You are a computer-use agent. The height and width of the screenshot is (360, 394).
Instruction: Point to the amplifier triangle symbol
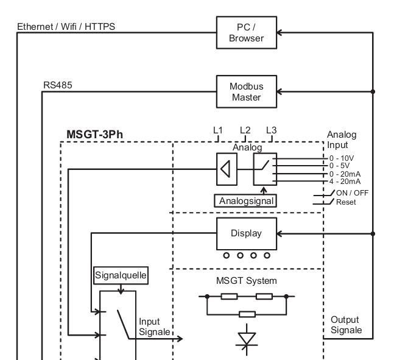click(225, 169)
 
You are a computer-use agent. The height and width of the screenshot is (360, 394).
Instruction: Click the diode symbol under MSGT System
click(247, 339)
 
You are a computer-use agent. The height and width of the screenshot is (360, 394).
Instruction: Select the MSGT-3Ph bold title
click(95, 135)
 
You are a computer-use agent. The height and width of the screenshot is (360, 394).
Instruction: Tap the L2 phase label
click(245, 130)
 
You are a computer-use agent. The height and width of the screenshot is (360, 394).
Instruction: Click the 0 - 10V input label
click(342, 158)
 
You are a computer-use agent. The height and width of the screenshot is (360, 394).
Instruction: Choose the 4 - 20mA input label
click(345, 182)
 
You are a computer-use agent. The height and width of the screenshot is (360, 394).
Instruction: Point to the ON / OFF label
click(352, 193)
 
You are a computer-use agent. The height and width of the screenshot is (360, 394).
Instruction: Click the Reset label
click(346, 202)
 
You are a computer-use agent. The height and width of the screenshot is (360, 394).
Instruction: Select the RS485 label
click(58, 85)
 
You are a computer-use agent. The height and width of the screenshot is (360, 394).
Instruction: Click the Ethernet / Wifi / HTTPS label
click(66, 27)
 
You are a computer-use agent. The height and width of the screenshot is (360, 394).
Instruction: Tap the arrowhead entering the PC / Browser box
click(279, 32)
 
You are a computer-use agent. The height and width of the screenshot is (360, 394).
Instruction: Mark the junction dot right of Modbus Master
click(373, 91)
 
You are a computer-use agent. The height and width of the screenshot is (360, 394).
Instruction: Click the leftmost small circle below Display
click(227, 256)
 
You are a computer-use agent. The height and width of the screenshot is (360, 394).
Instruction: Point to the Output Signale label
click(347, 325)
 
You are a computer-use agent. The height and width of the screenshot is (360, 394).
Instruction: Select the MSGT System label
click(247, 281)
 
